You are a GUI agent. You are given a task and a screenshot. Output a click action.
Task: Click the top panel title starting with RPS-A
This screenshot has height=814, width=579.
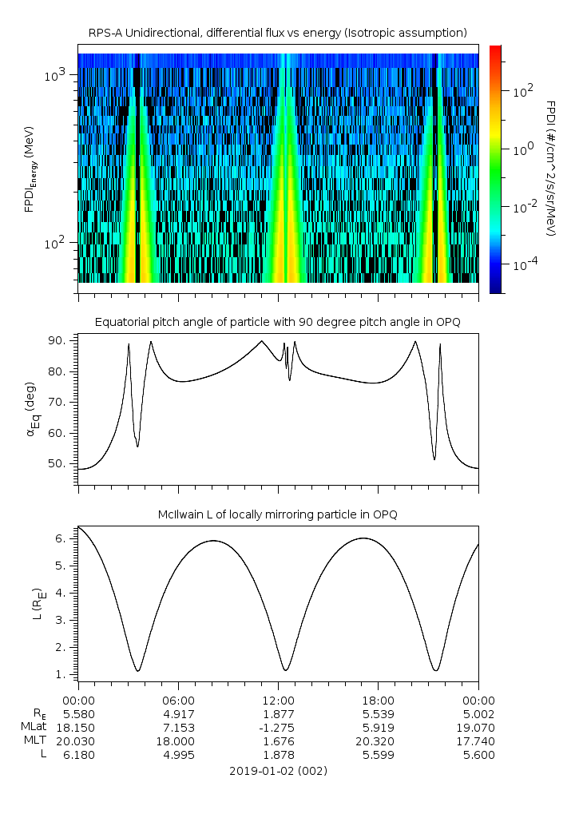click(277, 33)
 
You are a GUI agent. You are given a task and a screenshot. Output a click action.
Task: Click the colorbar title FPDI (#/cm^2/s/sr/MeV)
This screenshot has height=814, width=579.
click(550, 168)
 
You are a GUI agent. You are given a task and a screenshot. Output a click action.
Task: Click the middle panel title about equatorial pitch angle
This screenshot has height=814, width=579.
click(277, 322)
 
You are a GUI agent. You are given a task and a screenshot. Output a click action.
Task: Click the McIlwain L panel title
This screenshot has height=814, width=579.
click(277, 514)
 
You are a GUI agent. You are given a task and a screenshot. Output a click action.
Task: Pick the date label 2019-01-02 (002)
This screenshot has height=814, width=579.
click(278, 771)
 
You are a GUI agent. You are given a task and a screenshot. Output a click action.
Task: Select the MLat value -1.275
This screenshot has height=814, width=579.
click(278, 728)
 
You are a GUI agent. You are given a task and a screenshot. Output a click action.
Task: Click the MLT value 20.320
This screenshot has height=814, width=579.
click(378, 741)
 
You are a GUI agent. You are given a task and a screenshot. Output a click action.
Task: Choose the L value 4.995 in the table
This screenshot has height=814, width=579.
click(177, 755)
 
